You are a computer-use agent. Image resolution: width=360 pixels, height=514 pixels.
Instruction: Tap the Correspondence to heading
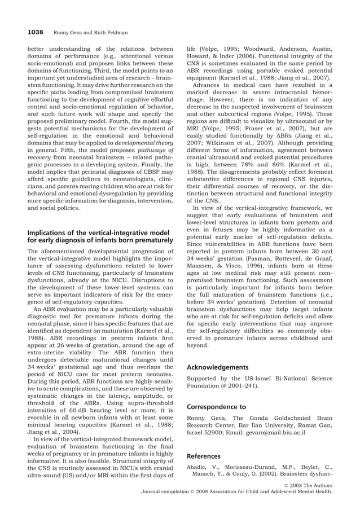coord(216,406)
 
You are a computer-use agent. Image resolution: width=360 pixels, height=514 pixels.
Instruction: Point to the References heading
coord(204,455)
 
